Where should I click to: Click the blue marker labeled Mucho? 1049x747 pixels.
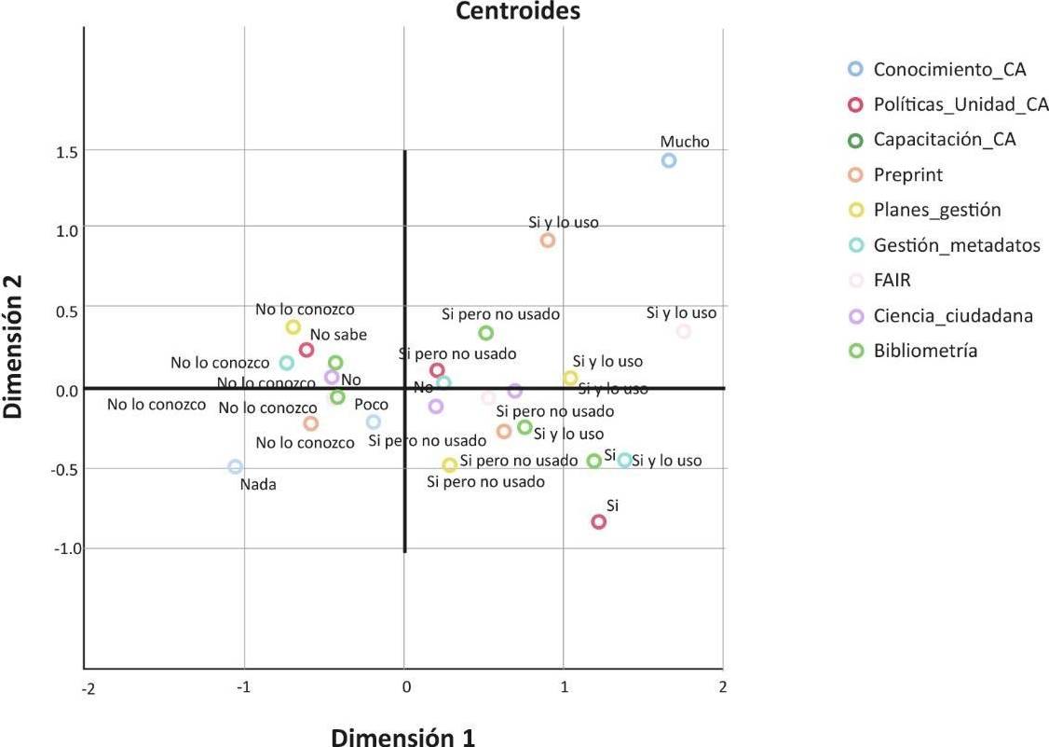coord(668,160)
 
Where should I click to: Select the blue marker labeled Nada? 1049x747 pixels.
coord(235,467)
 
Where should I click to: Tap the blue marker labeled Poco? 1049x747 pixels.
coord(374,422)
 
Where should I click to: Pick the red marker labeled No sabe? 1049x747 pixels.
coord(307,351)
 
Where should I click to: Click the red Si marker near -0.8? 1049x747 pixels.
coord(599,521)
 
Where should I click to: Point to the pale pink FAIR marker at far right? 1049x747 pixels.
coord(684,331)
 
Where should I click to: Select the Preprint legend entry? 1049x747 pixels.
coord(907,174)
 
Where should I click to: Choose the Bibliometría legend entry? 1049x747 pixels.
coord(925,351)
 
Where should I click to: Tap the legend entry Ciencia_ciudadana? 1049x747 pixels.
coord(952,315)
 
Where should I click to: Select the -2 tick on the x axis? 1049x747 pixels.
coord(87,688)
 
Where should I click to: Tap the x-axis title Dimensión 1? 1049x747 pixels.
coord(403,737)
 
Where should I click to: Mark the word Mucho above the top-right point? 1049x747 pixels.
coord(685,142)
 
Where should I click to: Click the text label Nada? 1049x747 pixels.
coord(258,484)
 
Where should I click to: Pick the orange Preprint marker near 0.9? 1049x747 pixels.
coord(548,241)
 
